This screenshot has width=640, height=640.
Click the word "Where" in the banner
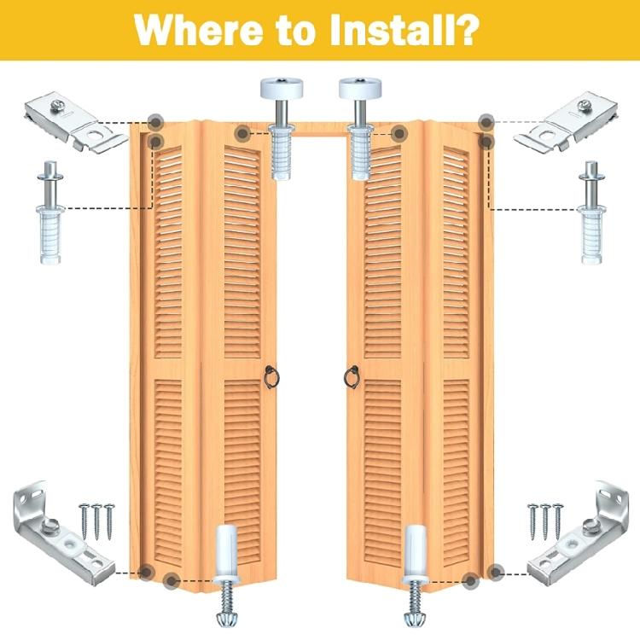199,30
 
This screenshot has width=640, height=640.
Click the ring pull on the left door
271,377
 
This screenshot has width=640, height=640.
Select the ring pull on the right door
352,377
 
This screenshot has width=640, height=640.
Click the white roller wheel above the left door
282,88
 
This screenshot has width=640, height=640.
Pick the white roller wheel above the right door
360,88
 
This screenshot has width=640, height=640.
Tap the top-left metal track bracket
76,122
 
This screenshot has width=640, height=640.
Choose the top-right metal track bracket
565,122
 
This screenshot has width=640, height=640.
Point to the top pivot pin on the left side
50,212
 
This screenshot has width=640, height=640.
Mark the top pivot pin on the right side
591,212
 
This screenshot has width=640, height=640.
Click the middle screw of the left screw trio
96,522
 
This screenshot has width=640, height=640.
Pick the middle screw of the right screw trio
545,522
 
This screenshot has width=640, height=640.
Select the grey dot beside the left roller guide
242,133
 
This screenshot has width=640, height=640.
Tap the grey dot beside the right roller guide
399,133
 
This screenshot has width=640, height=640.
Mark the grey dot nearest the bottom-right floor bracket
496,573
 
